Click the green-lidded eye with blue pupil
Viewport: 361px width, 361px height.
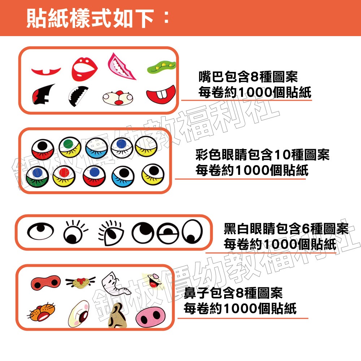click(x=35, y=175)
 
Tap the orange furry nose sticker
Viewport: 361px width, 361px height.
click(x=43, y=313)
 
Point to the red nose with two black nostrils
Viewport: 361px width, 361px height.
click(x=45, y=281)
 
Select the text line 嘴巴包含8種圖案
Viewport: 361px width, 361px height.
click(x=248, y=77)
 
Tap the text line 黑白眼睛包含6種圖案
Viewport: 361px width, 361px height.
click(x=286, y=229)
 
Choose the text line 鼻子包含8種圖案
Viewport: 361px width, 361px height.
click(x=233, y=293)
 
